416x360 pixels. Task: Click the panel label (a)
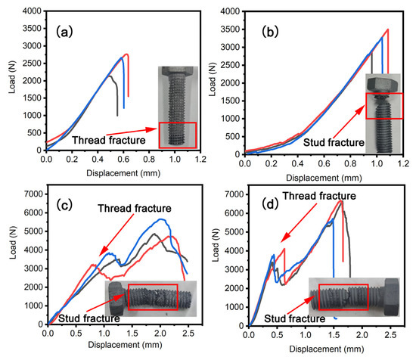[63, 32]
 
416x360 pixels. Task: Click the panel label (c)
[67, 202]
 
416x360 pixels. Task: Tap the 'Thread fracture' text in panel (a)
[108, 140]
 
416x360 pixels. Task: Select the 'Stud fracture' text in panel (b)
[331, 141]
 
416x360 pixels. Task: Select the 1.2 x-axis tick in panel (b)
[402, 160]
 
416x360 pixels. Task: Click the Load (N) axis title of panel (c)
[10, 254]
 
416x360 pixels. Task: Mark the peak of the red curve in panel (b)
[387, 29]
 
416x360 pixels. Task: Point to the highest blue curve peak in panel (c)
[160, 219]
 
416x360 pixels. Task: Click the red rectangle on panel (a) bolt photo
[177, 135]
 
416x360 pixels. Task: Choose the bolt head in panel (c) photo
[117, 297]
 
